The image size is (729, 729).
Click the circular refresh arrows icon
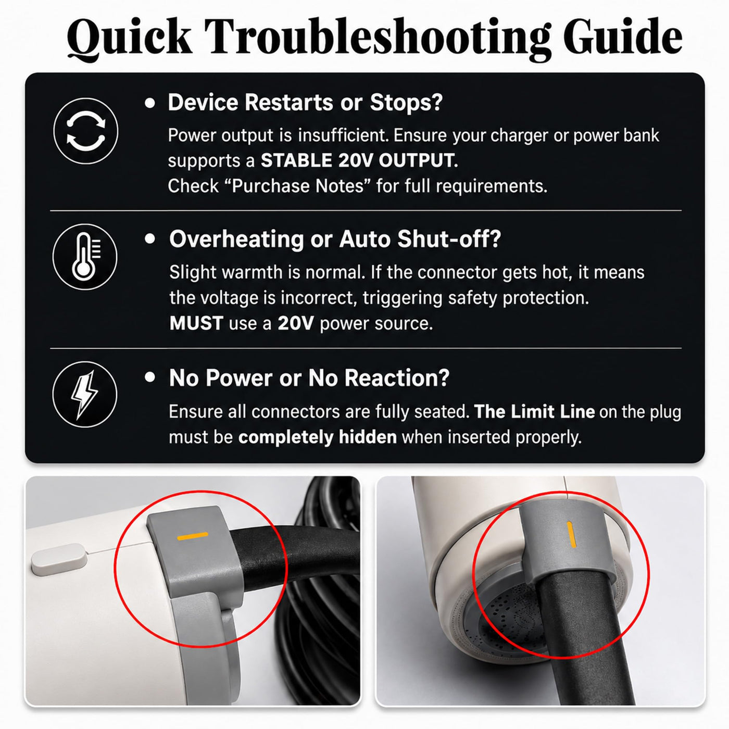[x=86, y=131]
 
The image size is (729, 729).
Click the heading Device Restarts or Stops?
[x=305, y=103]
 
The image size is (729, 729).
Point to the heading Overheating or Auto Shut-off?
[x=335, y=239]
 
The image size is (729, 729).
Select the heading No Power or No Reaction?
[x=309, y=378]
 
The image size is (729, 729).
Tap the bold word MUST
[x=196, y=323]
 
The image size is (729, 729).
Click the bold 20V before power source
[x=295, y=323]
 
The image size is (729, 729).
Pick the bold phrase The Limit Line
[x=534, y=411]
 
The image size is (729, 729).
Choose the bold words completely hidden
[x=318, y=437]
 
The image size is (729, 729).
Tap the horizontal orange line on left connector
[x=193, y=536]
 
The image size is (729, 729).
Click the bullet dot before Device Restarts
[x=150, y=103]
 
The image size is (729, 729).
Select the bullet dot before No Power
[x=150, y=377]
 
